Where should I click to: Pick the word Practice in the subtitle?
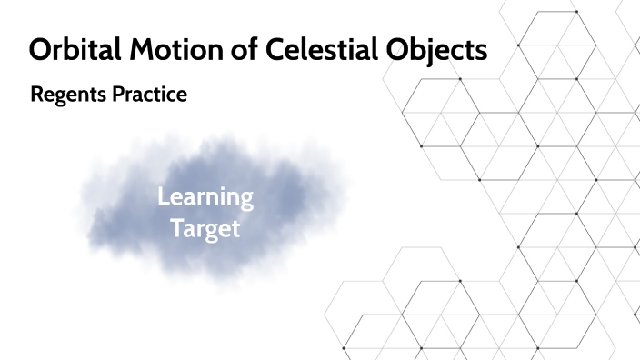coord(149,94)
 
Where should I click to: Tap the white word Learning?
coord(205,197)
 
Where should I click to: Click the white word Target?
coord(205,226)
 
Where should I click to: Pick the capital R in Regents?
coord(36,94)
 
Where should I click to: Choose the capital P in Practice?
coord(119,94)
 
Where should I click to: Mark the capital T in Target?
coord(176,226)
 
